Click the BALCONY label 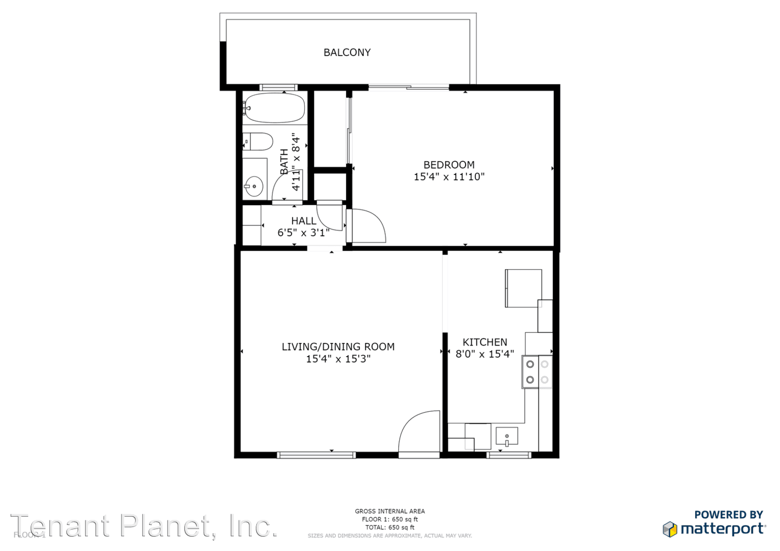pyautogui.click(x=347, y=53)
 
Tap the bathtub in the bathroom pyautogui.click(x=275, y=108)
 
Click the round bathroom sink pyautogui.click(x=254, y=186)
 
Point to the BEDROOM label pyautogui.click(x=449, y=165)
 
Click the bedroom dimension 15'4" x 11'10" pyautogui.click(x=449, y=177)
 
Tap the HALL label pyautogui.click(x=303, y=221)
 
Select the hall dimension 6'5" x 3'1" pyautogui.click(x=303, y=233)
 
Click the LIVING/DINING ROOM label pyautogui.click(x=338, y=347)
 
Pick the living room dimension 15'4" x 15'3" pyautogui.click(x=338, y=359)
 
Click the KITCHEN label pyautogui.click(x=484, y=342)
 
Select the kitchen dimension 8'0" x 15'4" pyautogui.click(x=484, y=354)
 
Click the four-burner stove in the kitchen pyautogui.click(x=537, y=372)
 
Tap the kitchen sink pyautogui.click(x=506, y=437)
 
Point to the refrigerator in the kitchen pyautogui.click(x=523, y=288)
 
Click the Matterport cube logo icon pyautogui.click(x=670, y=530)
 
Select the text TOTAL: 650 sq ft pyautogui.click(x=389, y=528)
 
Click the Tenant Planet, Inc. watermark pyautogui.click(x=144, y=526)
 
